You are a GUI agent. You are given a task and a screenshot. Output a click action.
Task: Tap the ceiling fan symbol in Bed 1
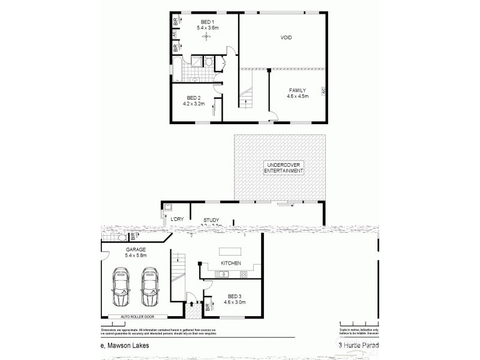(x=206, y=37)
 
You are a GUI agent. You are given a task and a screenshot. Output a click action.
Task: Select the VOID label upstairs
(x=286, y=37)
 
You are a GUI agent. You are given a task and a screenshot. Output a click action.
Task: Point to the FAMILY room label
(x=298, y=90)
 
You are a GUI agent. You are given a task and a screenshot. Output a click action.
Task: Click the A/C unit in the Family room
(x=323, y=91)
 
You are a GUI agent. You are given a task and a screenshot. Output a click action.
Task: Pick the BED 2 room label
(x=193, y=98)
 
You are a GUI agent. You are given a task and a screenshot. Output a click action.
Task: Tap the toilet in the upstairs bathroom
(x=208, y=61)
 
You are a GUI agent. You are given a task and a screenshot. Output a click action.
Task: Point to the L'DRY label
(x=176, y=220)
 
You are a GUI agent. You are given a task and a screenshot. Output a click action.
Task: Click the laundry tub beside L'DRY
(x=167, y=208)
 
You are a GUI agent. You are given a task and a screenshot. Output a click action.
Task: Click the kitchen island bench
(x=231, y=251)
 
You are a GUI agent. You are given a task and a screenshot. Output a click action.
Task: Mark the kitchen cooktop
(x=244, y=275)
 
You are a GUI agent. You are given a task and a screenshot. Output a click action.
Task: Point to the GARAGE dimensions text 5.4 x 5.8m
(x=136, y=256)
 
